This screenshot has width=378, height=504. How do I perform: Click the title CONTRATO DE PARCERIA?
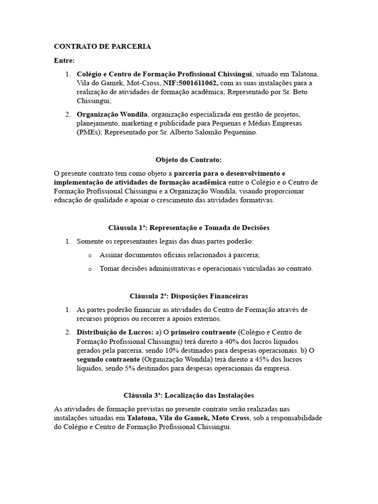tap(102, 46)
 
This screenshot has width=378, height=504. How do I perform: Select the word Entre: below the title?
tap(64, 61)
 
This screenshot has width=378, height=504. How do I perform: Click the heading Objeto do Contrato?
tap(189, 160)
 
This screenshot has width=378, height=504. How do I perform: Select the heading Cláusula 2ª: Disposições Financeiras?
tap(189, 296)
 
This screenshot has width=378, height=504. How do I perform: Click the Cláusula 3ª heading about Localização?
tap(189, 395)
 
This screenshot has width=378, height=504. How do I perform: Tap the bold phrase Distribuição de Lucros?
tap(115, 332)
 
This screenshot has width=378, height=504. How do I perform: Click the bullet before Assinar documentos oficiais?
tap(90, 255)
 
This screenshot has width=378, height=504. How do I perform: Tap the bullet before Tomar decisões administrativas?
tap(90, 269)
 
